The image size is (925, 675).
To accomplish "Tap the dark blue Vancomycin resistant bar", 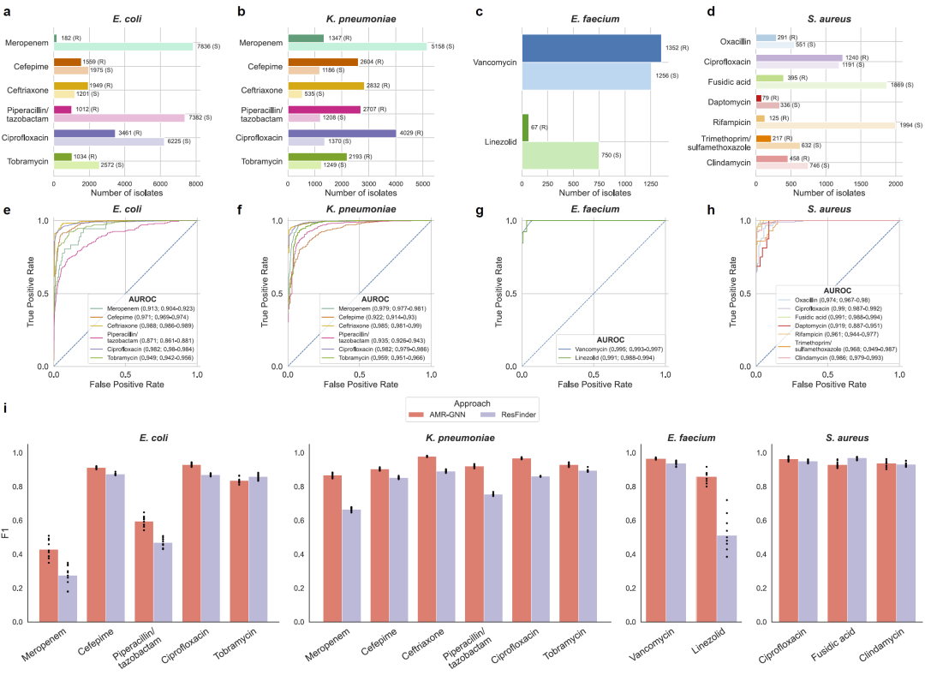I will (591, 48).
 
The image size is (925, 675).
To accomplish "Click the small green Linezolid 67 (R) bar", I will (525, 128).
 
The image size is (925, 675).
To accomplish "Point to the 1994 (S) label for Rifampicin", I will (910, 125).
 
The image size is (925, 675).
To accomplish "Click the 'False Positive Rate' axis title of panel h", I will (827, 385).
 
